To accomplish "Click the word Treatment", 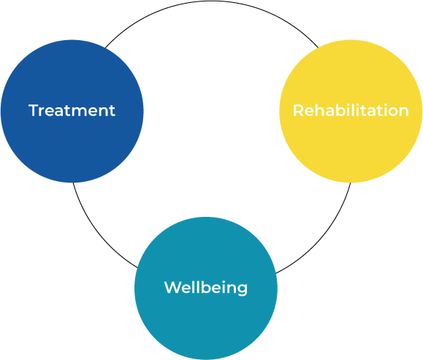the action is [x=72, y=110].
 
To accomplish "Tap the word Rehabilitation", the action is [x=351, y=110].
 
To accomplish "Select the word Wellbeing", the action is [x=206, y=288].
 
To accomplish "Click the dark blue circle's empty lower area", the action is [x=72, y=151].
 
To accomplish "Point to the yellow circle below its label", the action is [x=351, y=151].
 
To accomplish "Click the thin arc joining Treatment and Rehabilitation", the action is [x=212, y=1].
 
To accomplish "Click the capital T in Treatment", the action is [x=34, y=110].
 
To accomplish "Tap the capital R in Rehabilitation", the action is [x=298, y=110].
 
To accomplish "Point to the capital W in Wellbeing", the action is [x=173, y=288].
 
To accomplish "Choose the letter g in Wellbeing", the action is [x=242, y=290].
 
